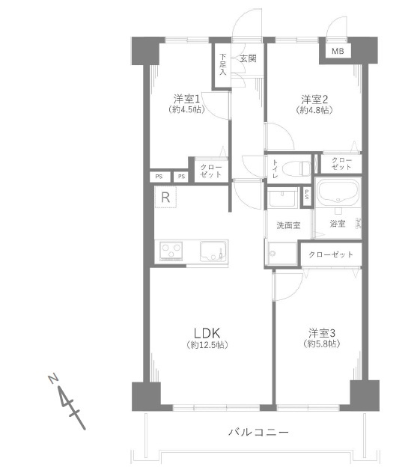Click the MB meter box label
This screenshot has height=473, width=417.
(x=338, y=51)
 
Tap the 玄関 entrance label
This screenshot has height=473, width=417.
(x=248, y=58)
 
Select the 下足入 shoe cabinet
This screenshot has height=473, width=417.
(x=222, y=64)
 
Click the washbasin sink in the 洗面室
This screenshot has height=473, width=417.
(x=282, y=198)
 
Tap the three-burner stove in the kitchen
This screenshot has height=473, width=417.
(x=171, y=251)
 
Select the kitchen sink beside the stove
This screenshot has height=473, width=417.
(x=213, y=251)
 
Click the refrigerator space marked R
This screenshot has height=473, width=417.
(x=165, y=197)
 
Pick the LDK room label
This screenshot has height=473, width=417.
(x=207, y=333)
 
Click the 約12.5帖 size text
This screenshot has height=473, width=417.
(x=207, y=344)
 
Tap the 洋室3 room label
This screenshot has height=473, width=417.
(x=322, y=333)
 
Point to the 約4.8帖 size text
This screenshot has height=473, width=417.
(x=314, y=110)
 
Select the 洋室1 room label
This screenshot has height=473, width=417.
(x=186, y=99)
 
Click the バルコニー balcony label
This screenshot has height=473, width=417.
(x=258, y=432)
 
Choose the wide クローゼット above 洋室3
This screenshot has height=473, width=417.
(x=331, y=254)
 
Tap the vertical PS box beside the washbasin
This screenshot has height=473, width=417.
(x=307, y=196)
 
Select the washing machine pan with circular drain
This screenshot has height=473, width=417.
(x=281, y=254)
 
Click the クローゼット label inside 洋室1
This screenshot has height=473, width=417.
(x=211, y=171)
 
